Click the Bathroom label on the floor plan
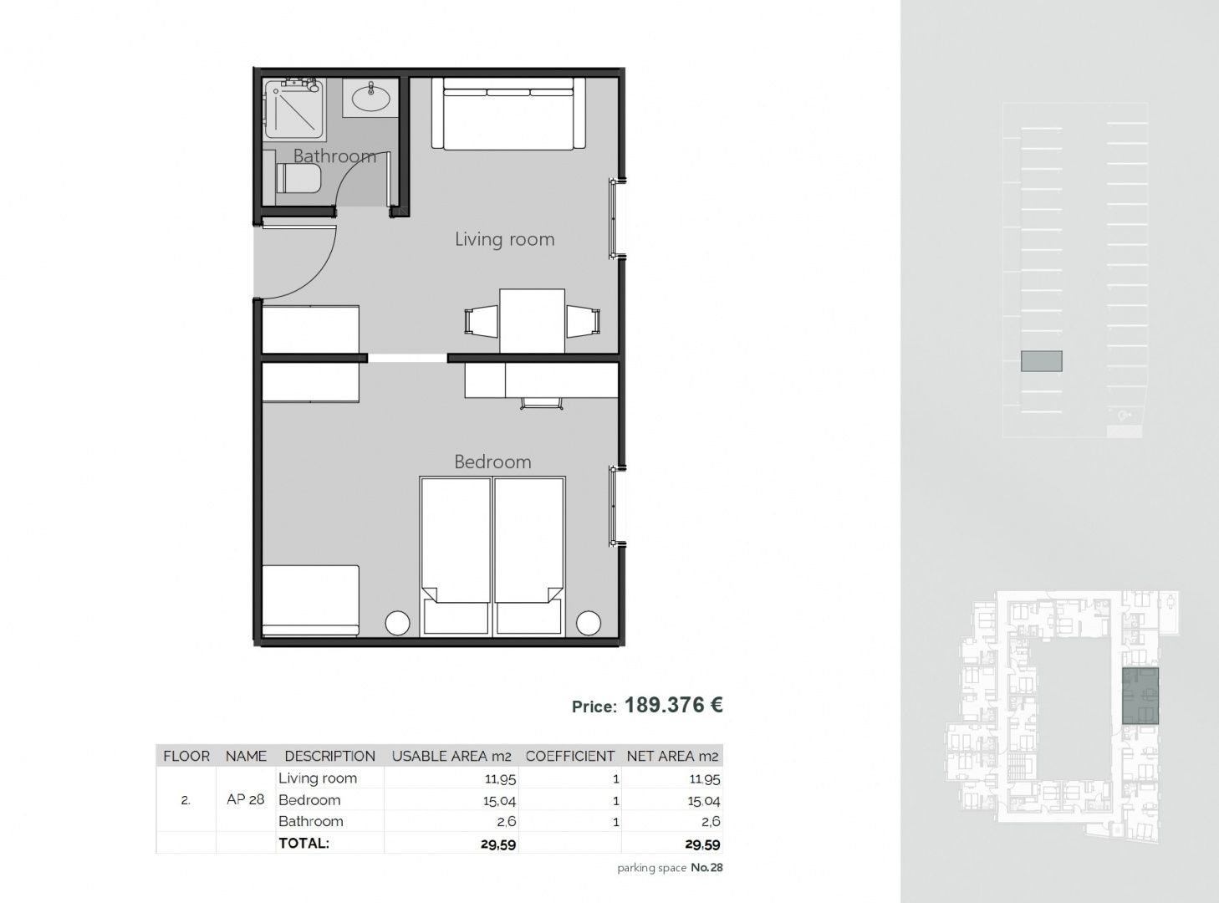334,156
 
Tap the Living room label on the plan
504,239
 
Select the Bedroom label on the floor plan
492,462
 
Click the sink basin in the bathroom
371,99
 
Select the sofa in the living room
507,113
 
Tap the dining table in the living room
532,321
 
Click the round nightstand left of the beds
397,623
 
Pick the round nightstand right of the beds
588,623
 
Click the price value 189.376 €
674,705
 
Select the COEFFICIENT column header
570,756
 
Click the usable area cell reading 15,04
500,801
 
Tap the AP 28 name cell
246,799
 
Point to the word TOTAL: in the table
304,843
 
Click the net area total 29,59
702,844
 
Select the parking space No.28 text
670,868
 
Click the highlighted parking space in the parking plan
1042,361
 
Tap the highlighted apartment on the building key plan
1140,696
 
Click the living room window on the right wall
615,219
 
